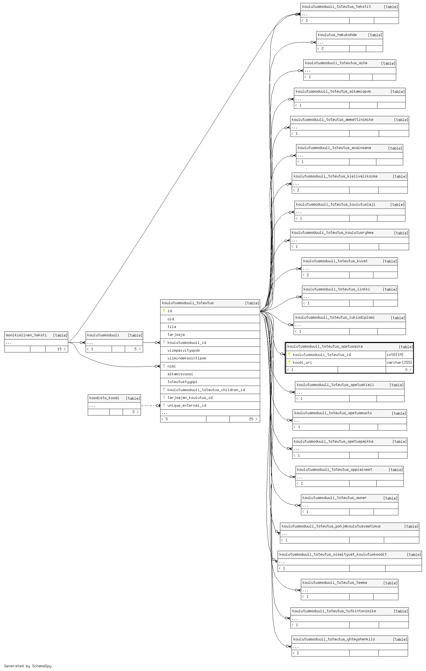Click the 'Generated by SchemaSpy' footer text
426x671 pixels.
point(28,666)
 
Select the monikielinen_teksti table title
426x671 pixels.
point(26,335)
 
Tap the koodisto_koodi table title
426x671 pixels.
point(104,398)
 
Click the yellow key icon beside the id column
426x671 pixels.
point(164,311)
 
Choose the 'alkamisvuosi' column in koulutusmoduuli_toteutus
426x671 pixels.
point(180,374)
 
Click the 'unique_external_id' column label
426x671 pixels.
point(187,406)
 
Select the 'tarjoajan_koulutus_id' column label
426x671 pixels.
point(190,398)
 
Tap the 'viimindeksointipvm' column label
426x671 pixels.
point(187,358)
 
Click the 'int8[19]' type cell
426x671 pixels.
point(395,355)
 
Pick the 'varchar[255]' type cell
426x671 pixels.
point(399,362)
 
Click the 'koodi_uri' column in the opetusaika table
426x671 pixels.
point(302,362)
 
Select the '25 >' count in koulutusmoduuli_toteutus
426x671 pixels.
point(253,419)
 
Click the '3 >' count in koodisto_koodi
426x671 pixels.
point(135,412)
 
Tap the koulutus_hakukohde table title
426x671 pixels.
point(337,35)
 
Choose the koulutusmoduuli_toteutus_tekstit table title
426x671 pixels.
point(336,6)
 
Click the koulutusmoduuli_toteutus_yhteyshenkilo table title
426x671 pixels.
point(334,639)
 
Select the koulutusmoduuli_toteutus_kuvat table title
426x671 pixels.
point(335,261)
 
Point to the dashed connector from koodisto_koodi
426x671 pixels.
point(150,406)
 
